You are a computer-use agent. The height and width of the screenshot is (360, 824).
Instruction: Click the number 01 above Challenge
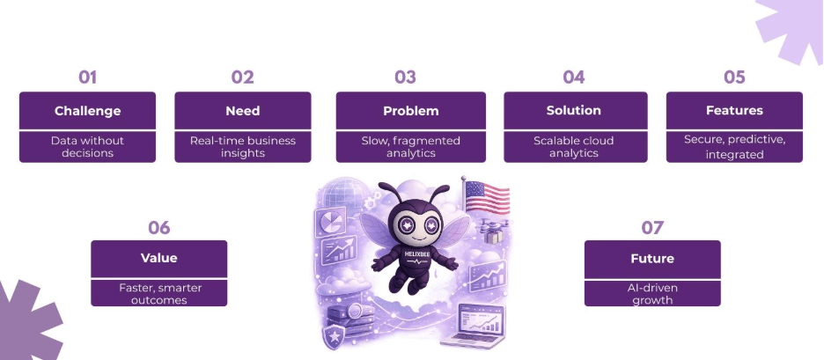[87, 77]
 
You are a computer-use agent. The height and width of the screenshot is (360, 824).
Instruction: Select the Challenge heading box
[87, 111]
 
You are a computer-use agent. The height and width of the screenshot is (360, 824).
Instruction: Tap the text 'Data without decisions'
[87, 147]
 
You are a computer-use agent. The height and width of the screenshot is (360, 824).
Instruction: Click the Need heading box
[242, 111]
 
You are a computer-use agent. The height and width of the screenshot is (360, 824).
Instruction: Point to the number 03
[405, 77]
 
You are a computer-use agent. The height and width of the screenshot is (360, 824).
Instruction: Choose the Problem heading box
[410, 111]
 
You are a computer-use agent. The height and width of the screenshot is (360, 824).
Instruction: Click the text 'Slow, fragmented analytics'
[410, 147]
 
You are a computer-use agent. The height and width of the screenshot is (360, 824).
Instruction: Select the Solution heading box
[573, 111]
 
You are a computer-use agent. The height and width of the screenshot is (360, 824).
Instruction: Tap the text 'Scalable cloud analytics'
[573, 147]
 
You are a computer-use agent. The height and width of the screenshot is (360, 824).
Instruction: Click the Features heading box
[734, 111]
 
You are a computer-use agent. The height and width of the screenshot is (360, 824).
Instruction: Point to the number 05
[734, 77]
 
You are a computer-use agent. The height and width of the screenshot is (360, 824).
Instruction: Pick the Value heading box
[158, 258]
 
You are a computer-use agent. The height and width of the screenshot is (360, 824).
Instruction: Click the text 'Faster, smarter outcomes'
[158, 293]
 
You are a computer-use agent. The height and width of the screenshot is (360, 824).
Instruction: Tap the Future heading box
[652, 259]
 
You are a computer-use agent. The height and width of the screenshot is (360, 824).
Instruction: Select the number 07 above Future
[652, 228]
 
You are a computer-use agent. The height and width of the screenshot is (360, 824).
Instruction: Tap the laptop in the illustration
[483, 327]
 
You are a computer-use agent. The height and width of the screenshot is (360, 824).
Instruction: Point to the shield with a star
[334, 336]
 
